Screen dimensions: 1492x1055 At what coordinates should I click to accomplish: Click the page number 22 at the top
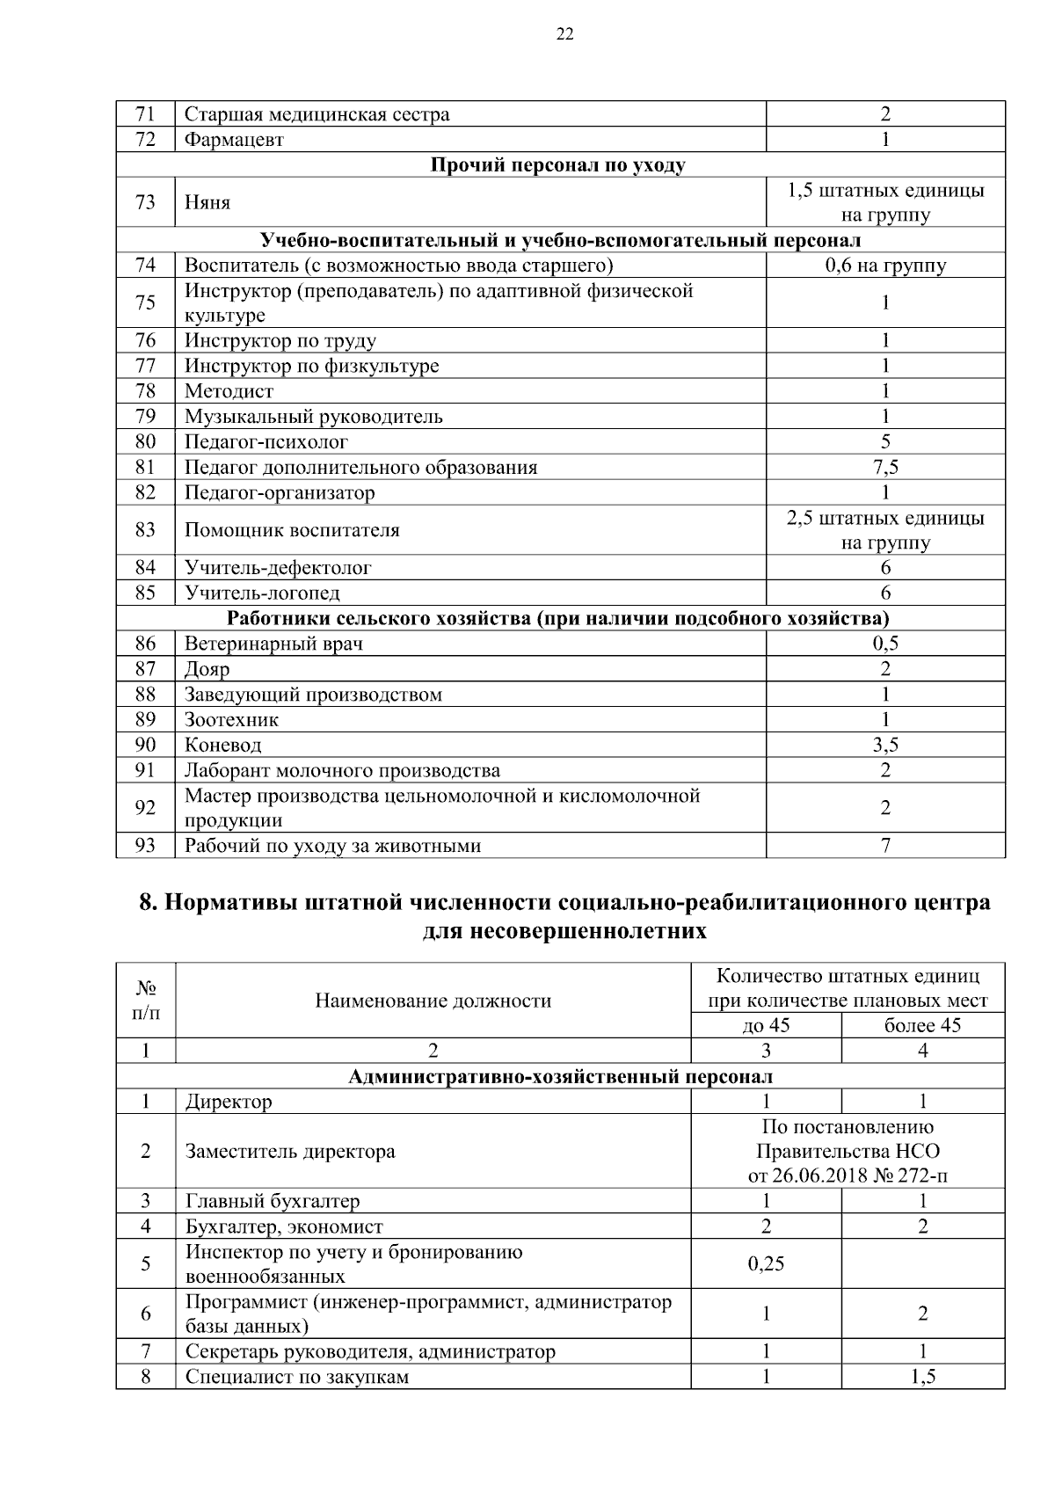click(x=564, y=34)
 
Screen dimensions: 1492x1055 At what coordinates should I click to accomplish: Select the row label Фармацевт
click(x=234, y=140)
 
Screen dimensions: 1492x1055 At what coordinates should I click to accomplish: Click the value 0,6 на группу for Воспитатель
click(x=884, y=266)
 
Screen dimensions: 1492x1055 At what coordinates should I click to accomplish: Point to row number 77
click(x=145, y=366)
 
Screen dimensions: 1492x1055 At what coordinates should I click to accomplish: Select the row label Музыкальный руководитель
click(x=313, y=417)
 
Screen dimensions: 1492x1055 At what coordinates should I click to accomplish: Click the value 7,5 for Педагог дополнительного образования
click(x=884, y=467)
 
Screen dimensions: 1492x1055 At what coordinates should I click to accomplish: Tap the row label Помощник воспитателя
click(x=292, y=530)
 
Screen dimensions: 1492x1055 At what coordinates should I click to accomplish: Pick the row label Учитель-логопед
click(x=262, y=593)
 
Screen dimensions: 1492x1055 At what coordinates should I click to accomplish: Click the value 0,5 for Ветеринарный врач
click(x=884, y=644)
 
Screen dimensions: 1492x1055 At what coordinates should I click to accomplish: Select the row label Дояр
click(x=207, y=669)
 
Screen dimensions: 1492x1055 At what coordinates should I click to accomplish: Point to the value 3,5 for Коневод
click(x=884, y=746)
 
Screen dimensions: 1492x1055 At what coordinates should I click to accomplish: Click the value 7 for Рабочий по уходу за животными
click(x=884, y=846)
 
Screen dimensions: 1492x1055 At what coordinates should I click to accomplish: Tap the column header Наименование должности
click(x=433, y=1001)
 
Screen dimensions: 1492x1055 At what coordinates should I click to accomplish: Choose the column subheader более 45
click(x=922, y=1025)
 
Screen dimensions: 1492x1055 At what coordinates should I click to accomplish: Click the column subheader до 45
click(x=766, y=1025)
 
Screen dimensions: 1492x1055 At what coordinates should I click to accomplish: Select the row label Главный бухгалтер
click(x=272, y=1201)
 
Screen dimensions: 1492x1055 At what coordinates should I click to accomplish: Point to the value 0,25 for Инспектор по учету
click(x=766, y=1264)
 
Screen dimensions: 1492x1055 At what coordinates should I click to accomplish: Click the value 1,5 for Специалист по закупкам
click(x=922, y=1377)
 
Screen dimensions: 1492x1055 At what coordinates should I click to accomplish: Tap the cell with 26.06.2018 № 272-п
click(x=847, y=1176)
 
